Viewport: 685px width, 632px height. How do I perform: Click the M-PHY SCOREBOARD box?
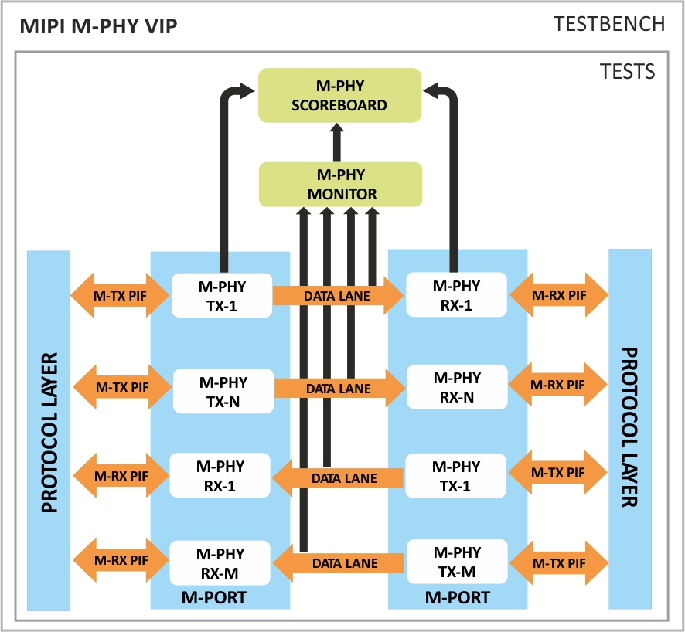click(339, 95)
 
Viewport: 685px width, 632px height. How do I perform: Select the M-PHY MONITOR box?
click(340, 184)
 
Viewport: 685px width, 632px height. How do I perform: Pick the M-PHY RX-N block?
click(457, 387)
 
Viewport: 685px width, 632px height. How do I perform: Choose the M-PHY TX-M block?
click(456, 562)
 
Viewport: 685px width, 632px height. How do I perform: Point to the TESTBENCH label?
click(609, 24)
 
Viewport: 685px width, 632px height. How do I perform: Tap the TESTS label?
click(627, 72)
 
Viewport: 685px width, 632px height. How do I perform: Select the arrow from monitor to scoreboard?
click(337, 142)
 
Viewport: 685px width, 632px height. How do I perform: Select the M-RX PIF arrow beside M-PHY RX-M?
click(120, 560)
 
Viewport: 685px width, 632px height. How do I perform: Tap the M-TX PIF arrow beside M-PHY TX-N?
click(120, 385)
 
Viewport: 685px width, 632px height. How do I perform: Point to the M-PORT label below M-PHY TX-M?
click(457, 597)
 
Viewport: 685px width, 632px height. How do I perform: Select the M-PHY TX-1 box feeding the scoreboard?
click(222, 295)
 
